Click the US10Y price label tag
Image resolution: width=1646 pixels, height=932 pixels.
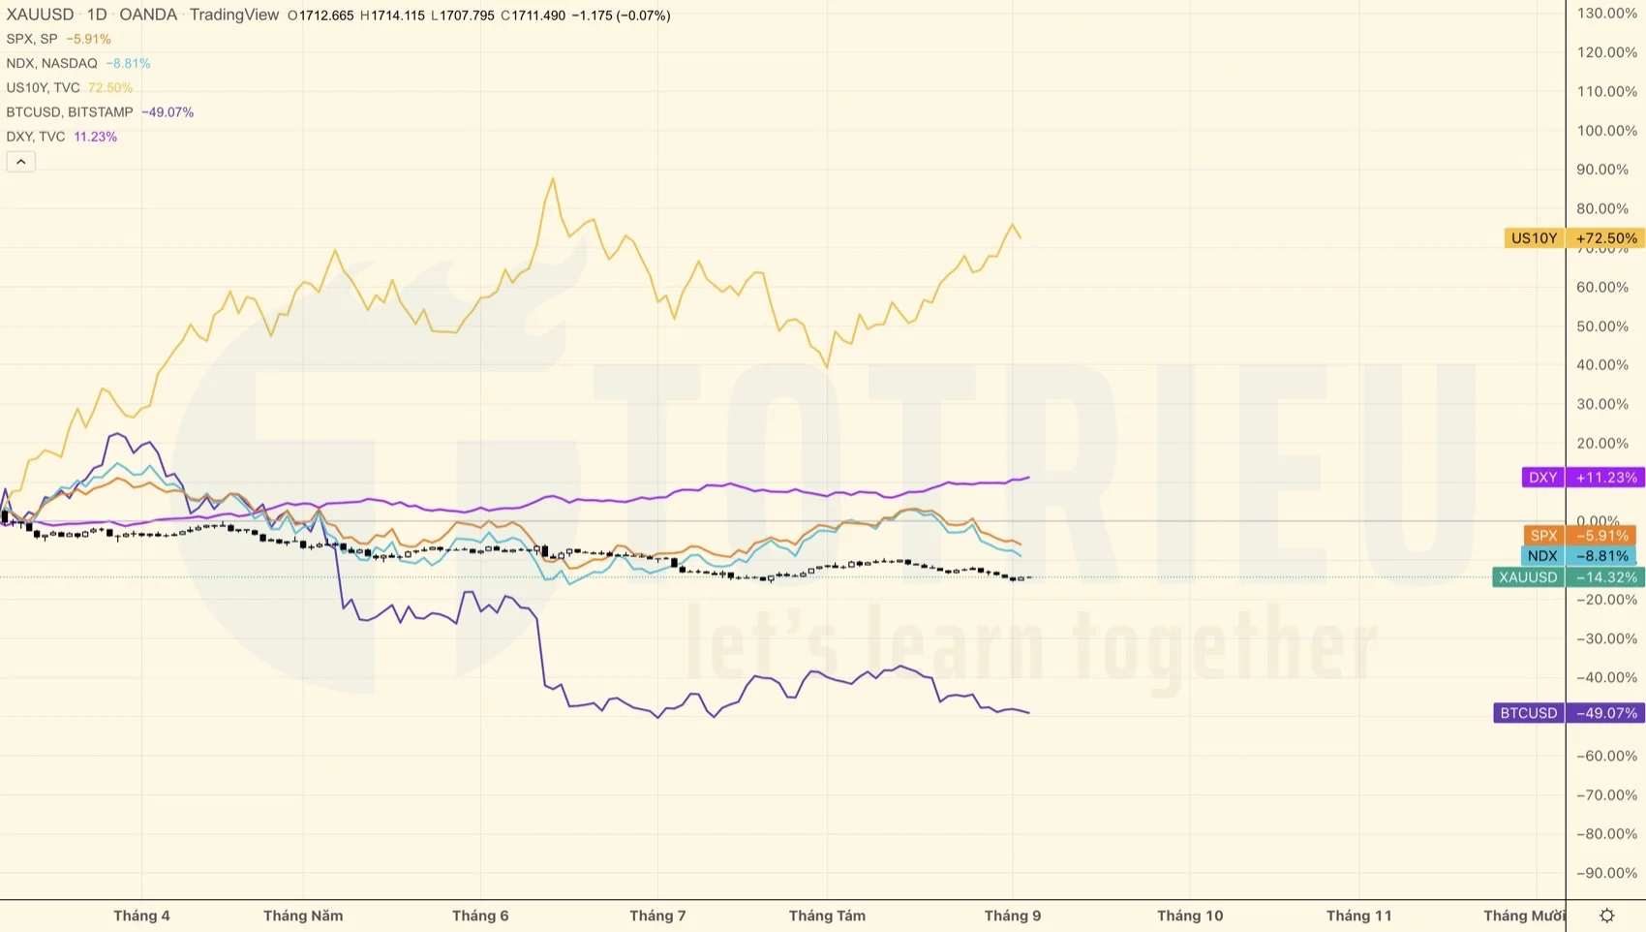[1534, 238]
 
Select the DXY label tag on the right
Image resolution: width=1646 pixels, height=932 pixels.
[1542, 478]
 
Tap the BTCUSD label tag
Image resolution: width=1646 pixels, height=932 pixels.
[1528, 713]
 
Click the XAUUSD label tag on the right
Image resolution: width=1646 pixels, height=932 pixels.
[1528, 577]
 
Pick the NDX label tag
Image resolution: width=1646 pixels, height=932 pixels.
[1541, 556]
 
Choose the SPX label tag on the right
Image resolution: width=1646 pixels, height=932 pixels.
[1543, 536]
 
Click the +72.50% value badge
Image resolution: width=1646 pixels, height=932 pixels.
[1605, 238]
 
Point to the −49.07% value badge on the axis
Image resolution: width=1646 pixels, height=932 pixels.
[1605, 713]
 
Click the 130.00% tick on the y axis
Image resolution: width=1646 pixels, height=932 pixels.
[1606, 14]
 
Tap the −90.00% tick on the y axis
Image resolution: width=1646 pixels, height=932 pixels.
[1606, 873]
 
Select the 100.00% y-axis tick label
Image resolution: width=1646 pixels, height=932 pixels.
[1606, 131]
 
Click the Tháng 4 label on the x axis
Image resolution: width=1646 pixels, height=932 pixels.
[141, 916]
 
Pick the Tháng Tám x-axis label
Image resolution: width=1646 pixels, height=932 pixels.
[827, 916]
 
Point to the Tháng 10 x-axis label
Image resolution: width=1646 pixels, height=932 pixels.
[1190, 916]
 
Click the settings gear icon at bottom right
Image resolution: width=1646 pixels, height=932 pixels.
[1606, 916]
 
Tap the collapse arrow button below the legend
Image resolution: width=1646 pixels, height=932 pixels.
[20, 162]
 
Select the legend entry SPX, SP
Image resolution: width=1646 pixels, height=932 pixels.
[32, 39]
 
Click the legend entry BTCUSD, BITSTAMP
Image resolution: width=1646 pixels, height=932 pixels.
[70, 112]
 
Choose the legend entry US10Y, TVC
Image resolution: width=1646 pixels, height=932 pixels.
[44, 88]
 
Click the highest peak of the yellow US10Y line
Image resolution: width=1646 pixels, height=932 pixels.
[553, 178]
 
